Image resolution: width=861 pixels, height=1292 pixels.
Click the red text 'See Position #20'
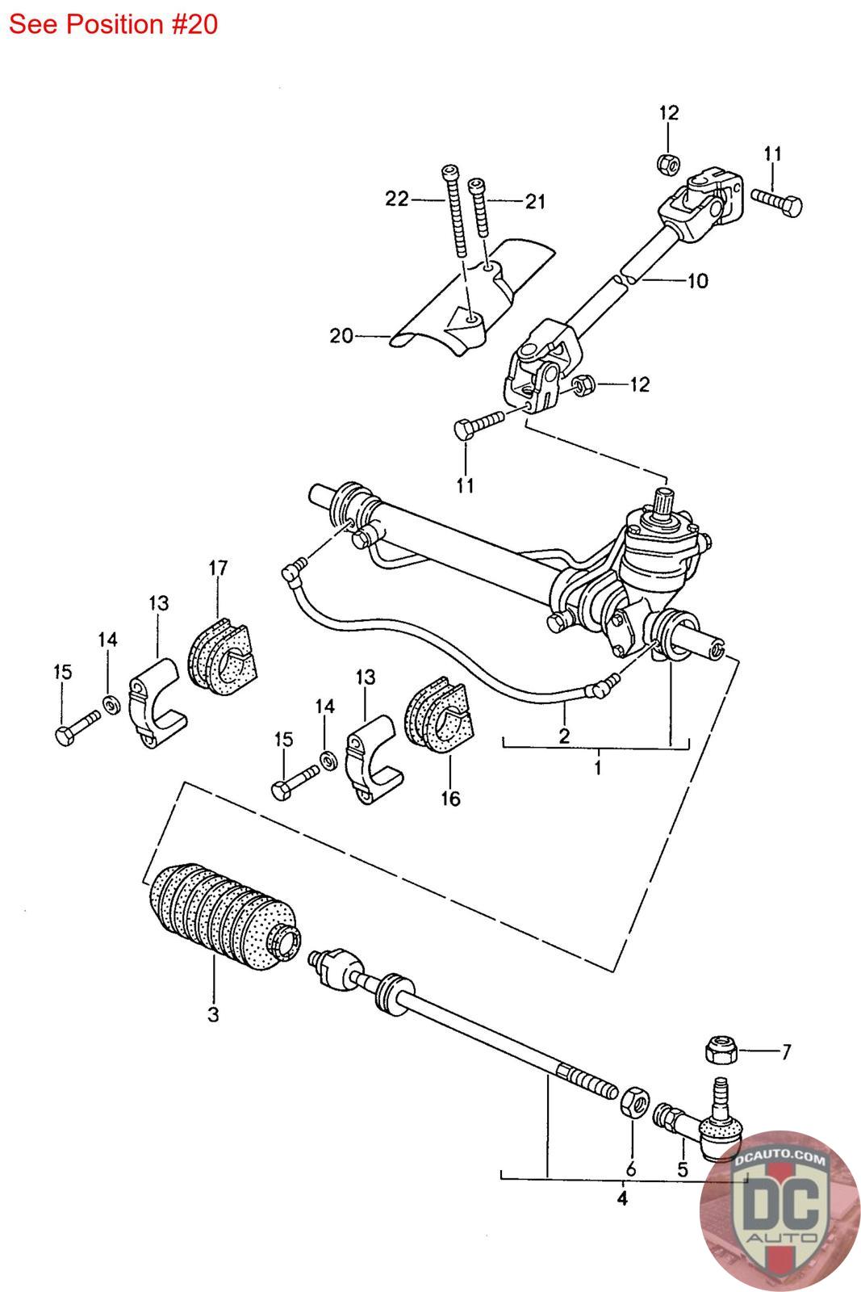tap(114, 25)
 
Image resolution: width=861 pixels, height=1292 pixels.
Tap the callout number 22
tap(397, 199)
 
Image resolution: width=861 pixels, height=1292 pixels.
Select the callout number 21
tap(535, 201)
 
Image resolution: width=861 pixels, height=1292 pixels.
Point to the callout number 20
tap(341, 336)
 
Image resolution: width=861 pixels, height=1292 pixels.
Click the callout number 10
tap(697, 281)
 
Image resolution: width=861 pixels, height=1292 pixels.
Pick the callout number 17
tap(218, 568)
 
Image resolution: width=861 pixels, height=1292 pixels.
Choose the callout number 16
tap(450, 799)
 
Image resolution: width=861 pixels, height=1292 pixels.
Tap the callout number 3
tap(213, 1014)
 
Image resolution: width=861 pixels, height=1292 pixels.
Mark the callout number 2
tap(564, 736)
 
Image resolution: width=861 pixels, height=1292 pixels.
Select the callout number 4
tap(622, 1198)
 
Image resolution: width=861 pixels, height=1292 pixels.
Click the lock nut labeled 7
tap(721, 1051)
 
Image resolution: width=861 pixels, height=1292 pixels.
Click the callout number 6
tap(631, 1169)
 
